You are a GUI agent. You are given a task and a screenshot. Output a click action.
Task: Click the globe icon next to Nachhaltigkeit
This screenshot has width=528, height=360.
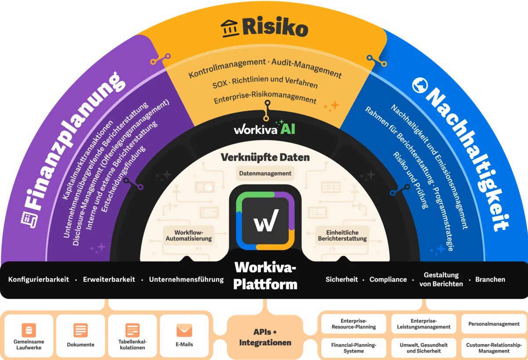[x=419, y=86]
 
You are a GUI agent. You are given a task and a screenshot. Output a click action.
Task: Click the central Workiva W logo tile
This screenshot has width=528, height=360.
[x=265, y=217]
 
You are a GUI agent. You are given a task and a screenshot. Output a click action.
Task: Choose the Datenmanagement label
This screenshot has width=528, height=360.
[x=265, y=173]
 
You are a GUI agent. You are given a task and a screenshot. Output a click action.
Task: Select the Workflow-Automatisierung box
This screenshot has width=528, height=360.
[x=188, y=235]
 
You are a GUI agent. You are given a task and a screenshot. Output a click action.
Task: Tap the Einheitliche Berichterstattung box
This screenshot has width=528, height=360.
[x=342, y=235]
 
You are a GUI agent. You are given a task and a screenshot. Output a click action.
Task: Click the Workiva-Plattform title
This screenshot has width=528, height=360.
[x=265, y=275]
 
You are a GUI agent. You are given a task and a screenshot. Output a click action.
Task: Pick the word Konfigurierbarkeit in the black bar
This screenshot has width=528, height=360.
[x=39, y=280]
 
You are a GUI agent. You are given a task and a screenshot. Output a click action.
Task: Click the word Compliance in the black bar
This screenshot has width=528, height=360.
[x=388, y=280]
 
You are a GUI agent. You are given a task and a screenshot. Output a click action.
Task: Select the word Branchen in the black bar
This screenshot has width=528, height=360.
[x=490, y=280]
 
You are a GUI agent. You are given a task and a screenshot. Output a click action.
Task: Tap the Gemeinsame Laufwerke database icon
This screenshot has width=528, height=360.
[x=29, y=330]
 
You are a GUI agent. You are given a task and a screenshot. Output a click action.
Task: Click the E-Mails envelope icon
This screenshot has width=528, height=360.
[x=184, y=330]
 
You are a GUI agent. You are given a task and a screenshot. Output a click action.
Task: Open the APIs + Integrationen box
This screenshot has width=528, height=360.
[x=265, y=337]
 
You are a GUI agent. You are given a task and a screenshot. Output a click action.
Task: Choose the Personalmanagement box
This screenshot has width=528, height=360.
[x=494, y=324]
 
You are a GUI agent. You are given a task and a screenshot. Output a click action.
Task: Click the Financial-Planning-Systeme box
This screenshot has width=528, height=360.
[x=354, y=348]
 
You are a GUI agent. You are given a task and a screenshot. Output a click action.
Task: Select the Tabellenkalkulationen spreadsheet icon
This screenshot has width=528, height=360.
[x=132, y=330]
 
